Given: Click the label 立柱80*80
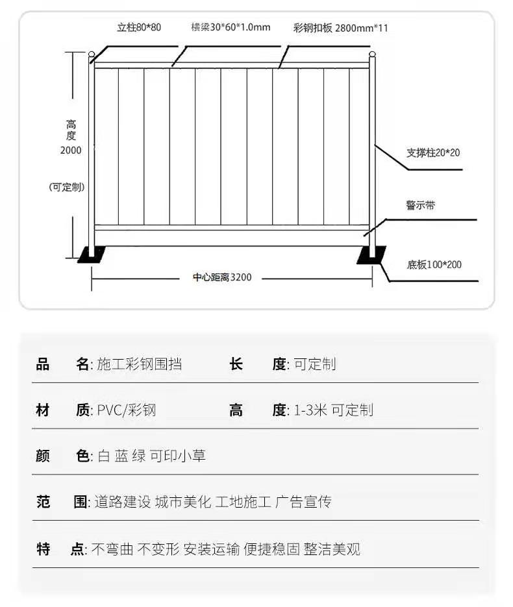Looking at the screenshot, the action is [139, 27].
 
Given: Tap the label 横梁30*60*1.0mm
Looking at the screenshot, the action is [231, 27].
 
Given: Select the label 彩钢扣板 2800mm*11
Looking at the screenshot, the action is [340, 28].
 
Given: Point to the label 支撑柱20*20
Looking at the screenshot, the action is [433, 153].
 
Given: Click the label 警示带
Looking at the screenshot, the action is [421, 204].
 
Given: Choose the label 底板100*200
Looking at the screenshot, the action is [434, 265].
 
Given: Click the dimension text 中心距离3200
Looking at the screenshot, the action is [222, 277].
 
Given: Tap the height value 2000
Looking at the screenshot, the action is [71, 150].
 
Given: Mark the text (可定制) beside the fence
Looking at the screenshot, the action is [67, 188].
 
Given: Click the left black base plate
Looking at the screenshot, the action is [92, 254].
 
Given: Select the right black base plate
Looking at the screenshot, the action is [371, 256].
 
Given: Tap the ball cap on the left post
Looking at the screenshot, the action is [92, 54].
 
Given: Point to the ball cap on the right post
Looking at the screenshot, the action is [372, 54].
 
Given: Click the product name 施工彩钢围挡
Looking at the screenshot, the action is [140, 364].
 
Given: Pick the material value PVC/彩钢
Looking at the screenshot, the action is [127, 410].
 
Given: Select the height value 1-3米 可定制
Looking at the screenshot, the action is [334, 410].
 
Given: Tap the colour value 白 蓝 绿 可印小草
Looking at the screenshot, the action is [151, 456].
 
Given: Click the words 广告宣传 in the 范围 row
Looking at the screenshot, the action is [303, 502].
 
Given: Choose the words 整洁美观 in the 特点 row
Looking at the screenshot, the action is [332, 549].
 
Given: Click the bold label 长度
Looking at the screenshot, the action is [258, 364].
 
